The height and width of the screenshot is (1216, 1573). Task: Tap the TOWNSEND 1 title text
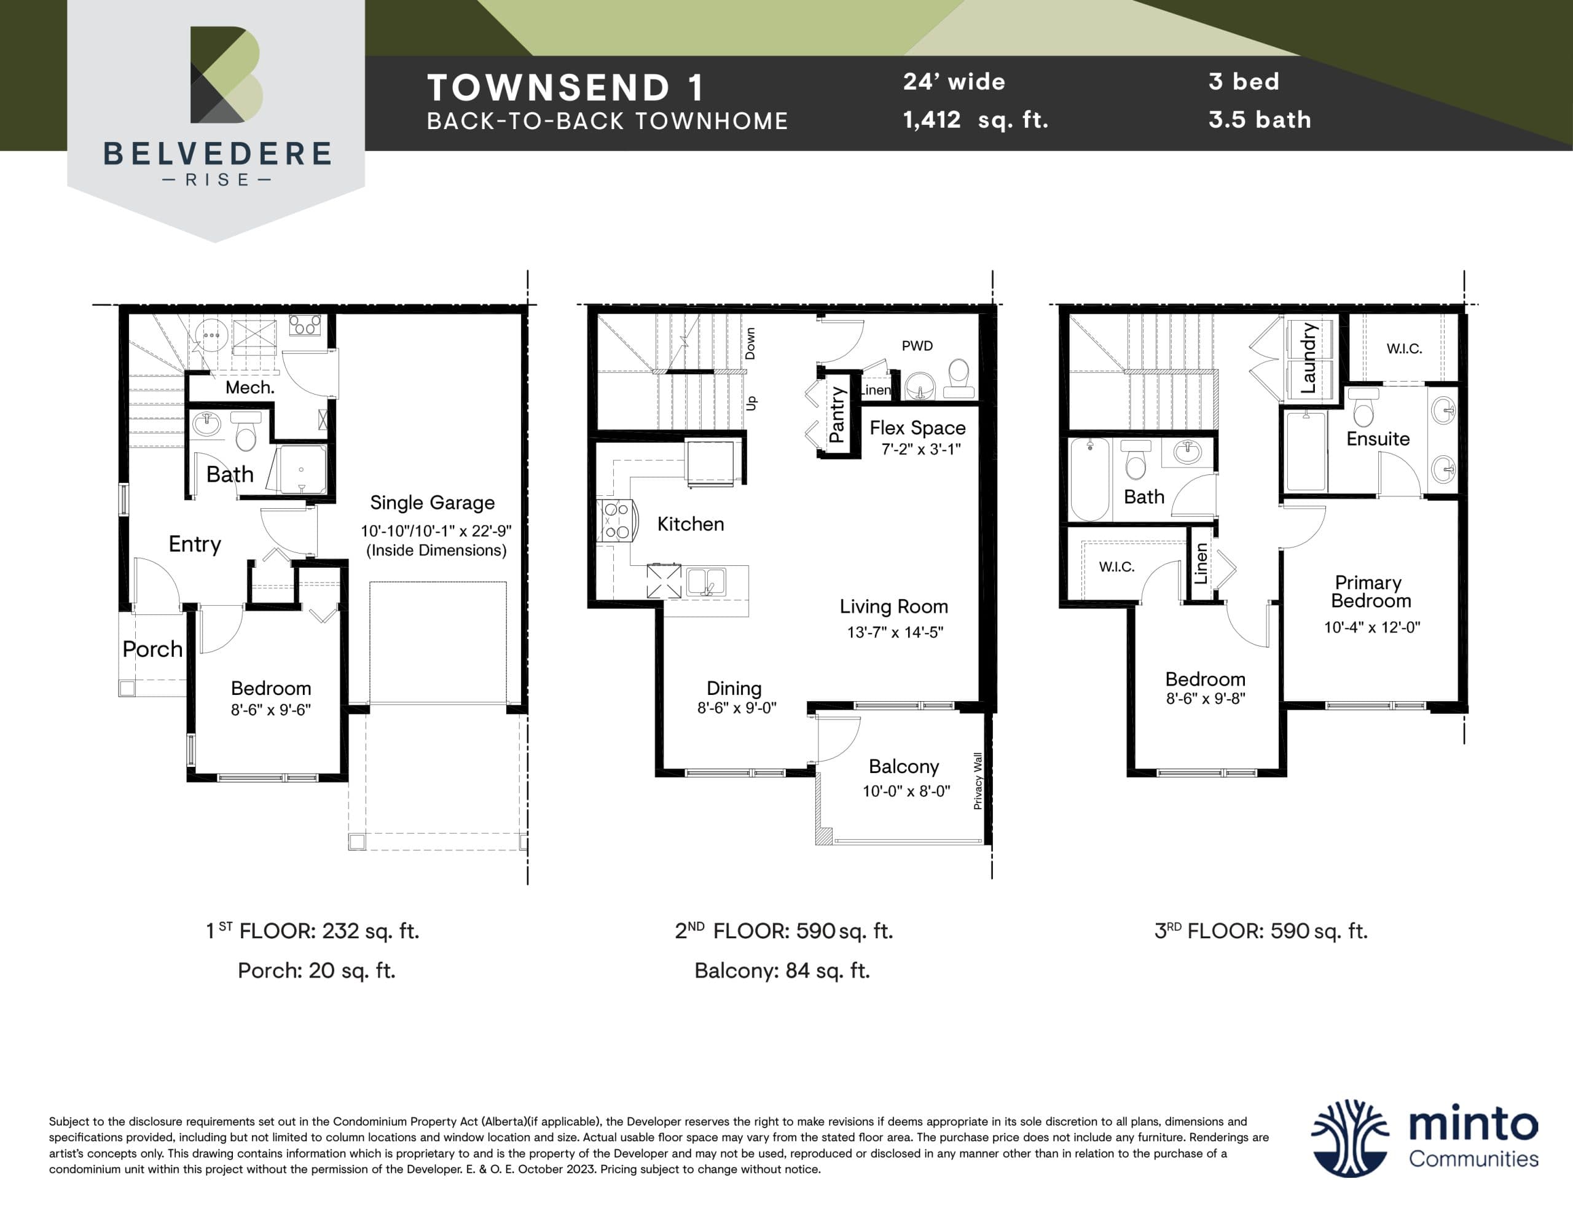coord(565,88)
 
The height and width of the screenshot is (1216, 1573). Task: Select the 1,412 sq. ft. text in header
coord(975,120)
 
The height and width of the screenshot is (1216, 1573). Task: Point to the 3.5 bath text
coord(1260,120)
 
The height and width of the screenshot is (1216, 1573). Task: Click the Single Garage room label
coord(432,502)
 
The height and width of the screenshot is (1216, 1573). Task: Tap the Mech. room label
coord(249,388)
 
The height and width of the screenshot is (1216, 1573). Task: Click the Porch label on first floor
coord(152,649)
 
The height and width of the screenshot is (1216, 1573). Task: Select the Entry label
coord(194,544)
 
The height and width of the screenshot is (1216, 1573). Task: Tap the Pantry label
coord(836,414)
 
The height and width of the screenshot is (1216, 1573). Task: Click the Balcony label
coord(904,766)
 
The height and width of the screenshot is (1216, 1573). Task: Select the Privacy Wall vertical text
coord(978,781)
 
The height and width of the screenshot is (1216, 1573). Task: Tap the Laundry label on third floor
coord(1309,358)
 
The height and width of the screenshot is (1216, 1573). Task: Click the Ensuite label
coord(1378,439)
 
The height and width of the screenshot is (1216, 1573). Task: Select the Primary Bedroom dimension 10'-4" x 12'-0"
coord(1371,627)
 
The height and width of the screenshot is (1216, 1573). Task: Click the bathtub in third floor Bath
coord(1089,479)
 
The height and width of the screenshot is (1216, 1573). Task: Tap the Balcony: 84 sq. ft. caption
coord(782,970)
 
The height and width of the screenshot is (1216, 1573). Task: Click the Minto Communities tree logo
coord(1349,1138)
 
